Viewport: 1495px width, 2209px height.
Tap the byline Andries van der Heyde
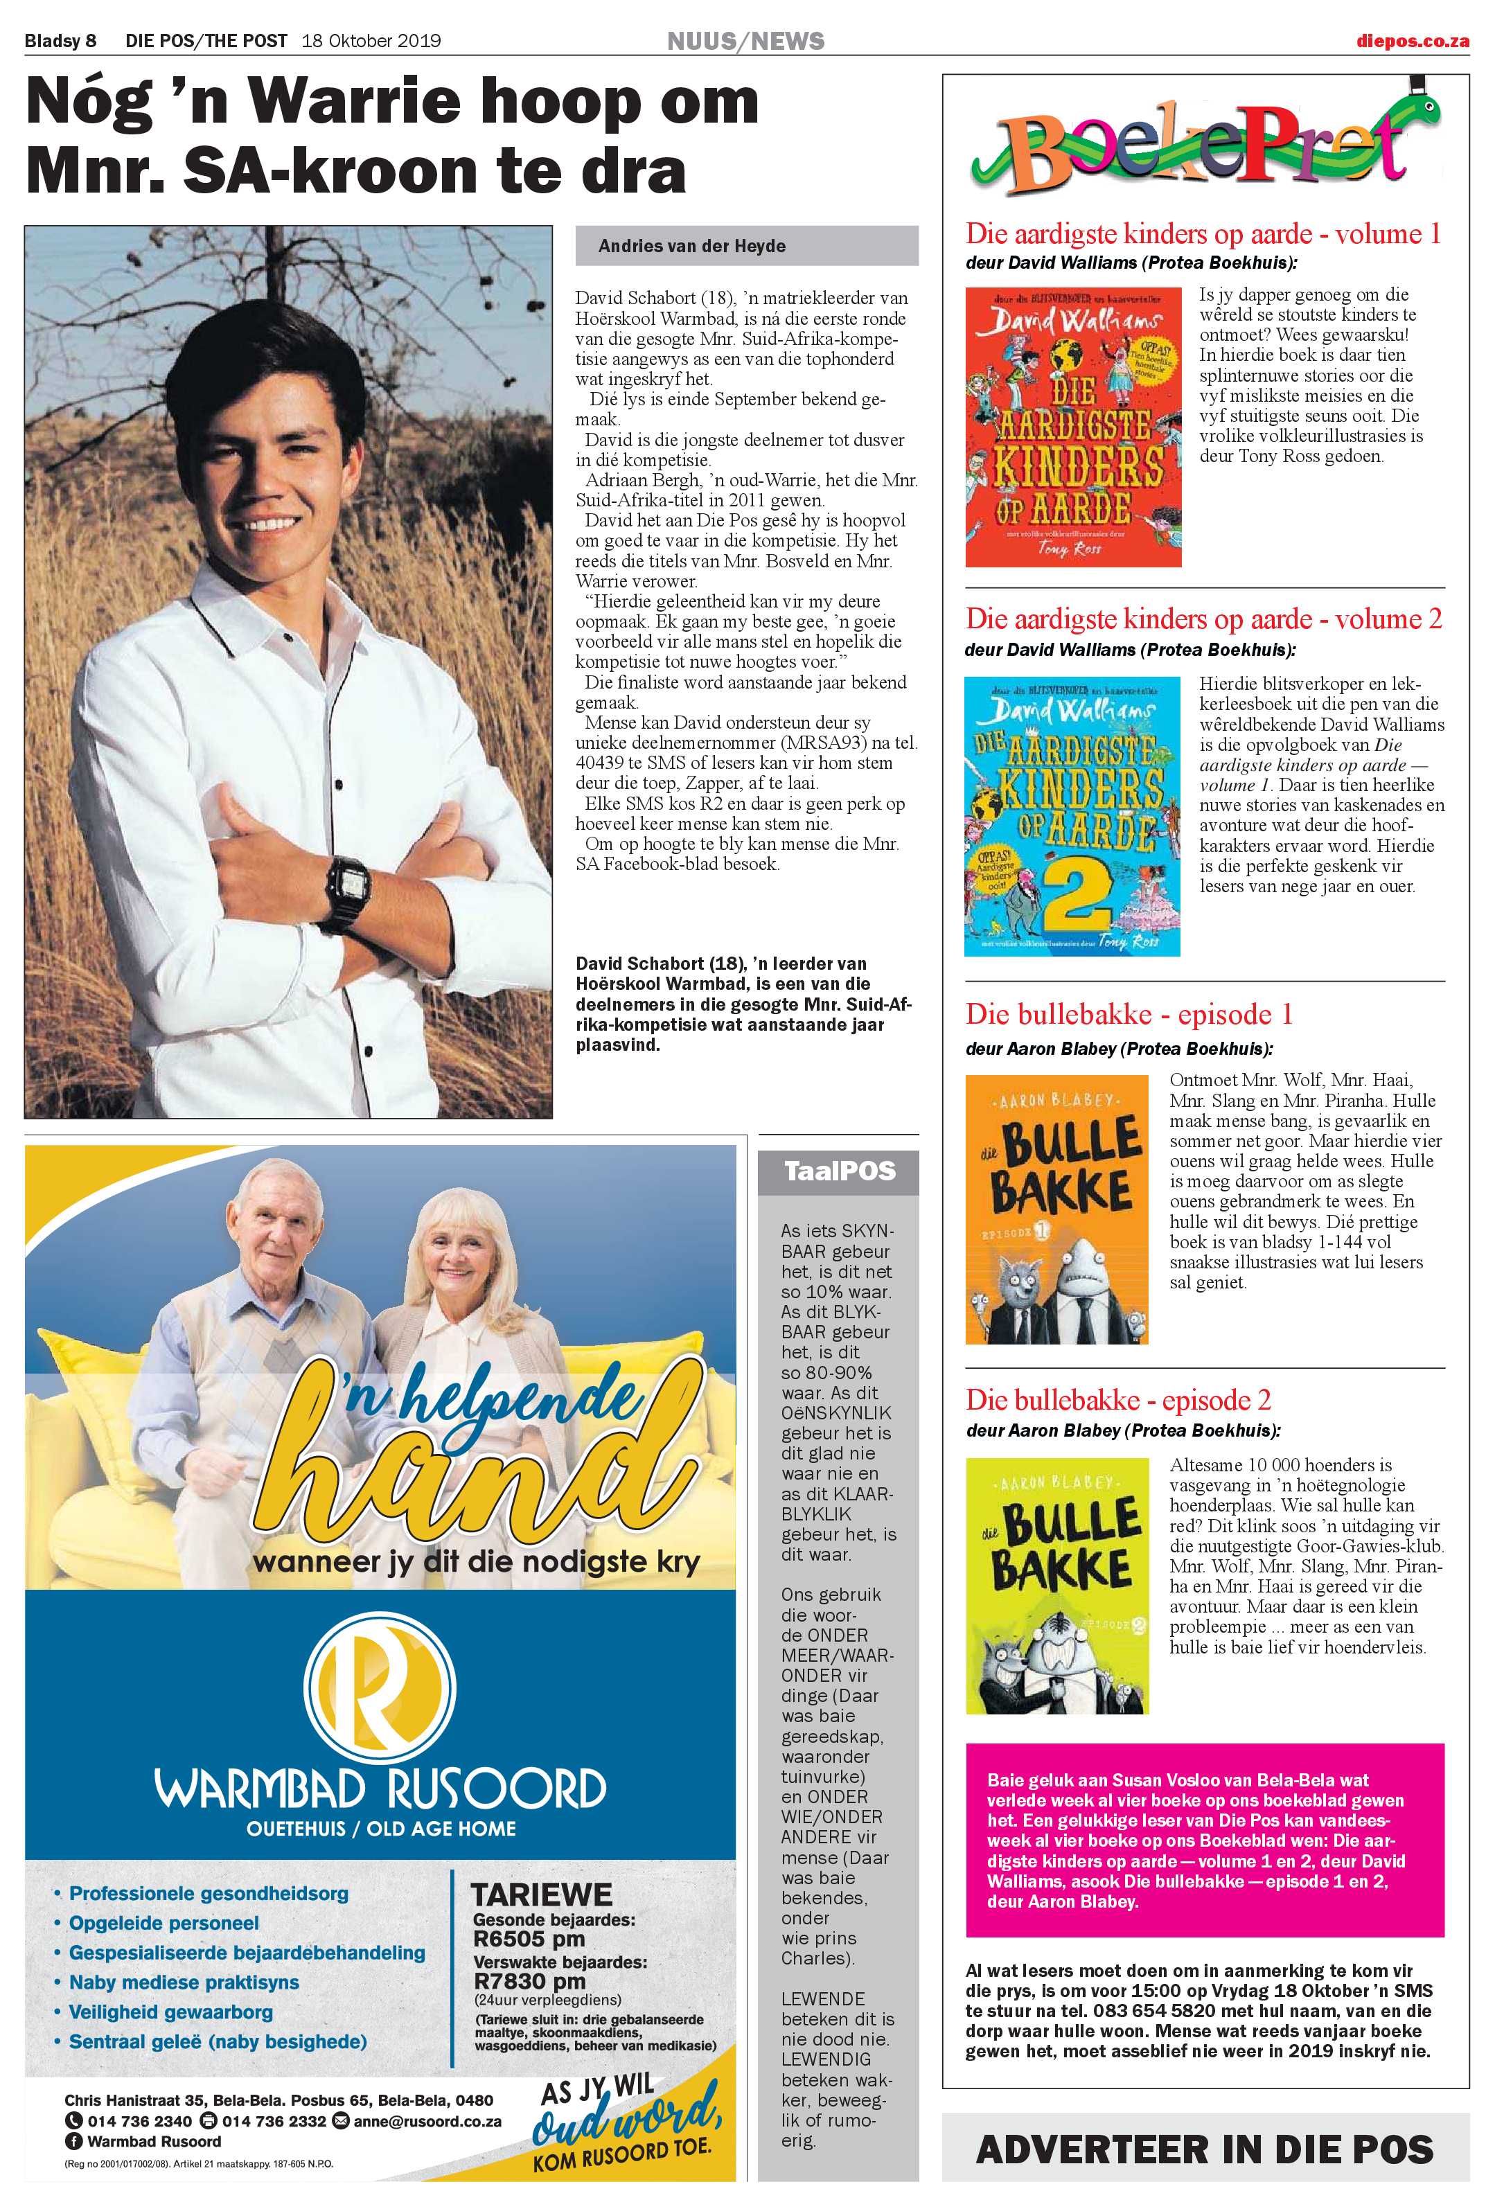pos(692,246)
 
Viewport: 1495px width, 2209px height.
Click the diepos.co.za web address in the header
pos(1413,41)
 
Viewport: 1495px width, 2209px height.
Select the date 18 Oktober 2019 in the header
pos(371,41)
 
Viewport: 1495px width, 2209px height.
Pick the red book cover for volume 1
pos(1073,427)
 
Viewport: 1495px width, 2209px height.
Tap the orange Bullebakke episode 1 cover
pos(1056,1209)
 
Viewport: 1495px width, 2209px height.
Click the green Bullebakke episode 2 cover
pos(1056,1586)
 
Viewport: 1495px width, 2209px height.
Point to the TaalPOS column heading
pos(839,1171)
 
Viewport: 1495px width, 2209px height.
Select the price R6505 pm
pos(529,1938)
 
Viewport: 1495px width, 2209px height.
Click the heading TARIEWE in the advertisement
pos(542,1893)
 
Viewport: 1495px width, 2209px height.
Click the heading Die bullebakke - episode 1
pos(1129,1014)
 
